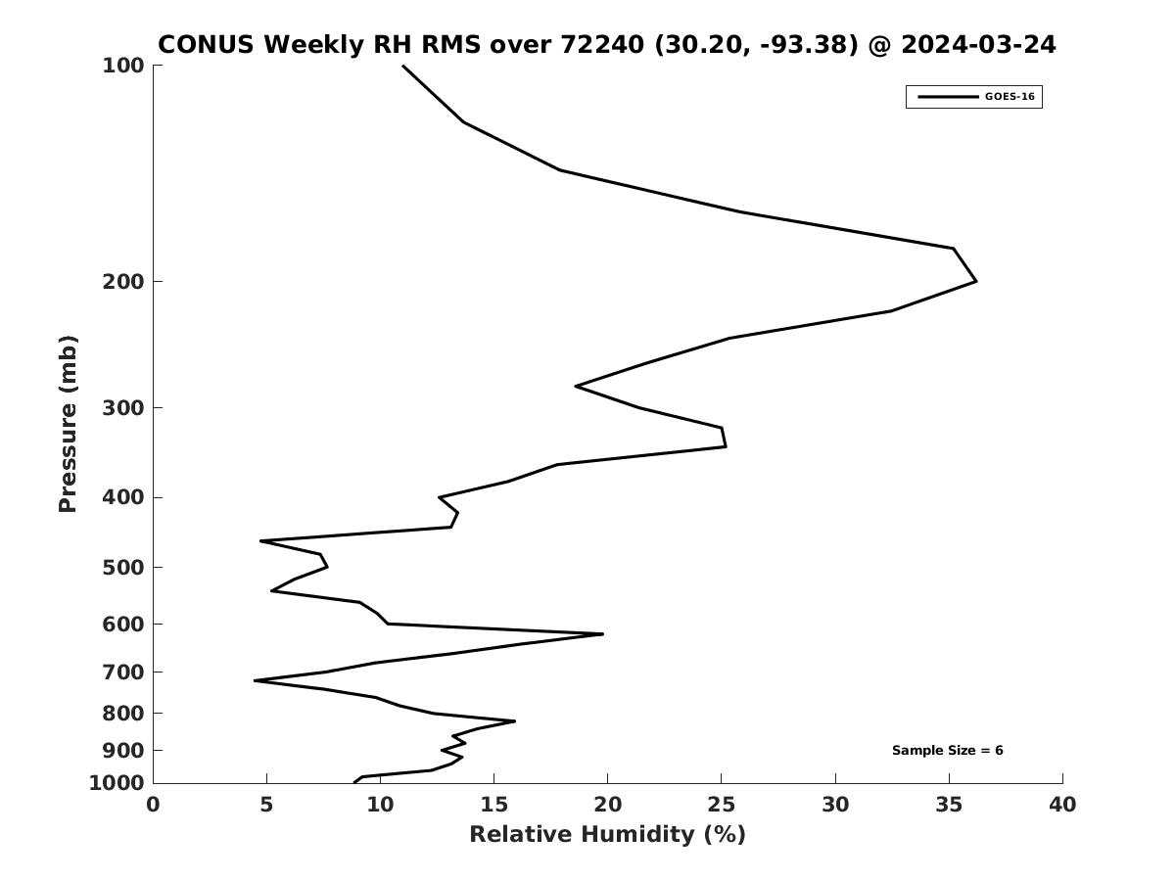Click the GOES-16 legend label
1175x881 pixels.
pyautogui.click(x=1010, y=97)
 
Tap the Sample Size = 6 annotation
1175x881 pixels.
pyautogui.click(x=947, y=751)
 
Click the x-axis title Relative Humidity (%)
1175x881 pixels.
pyautogui.click(x=608, y=834)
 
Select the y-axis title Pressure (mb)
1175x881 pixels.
pyautogui.click(x=68, y=424)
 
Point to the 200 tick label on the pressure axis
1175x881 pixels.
pyautogui.click(x=123, y=281)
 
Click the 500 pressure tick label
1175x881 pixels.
pyautogui.click(x=123, y=567)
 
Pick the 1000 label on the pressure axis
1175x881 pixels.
pyautogui.click(x=117, y=783)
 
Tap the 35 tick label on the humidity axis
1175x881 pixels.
pyautogui.click(x=949, y=805)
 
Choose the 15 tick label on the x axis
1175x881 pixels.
pyautogui.click(x=493, y=805)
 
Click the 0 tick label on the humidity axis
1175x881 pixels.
pyautogui.click(x=153, y=805)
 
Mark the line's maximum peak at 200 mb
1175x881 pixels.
pyautogui.click(x=976, y=281)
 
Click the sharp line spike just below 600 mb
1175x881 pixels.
pyautogui.click(x=603, y=634)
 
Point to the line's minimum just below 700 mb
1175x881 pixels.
pyautogui.click(x=255, y=680)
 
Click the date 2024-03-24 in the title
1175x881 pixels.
pyautogui.click(x=978, y=44)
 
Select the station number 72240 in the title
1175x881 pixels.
pyautogui.click(x=601, y=44)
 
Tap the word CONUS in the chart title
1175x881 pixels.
pyautogui.click(x=206, y=44)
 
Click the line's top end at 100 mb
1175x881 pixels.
pyautogui.click(x=403, y=66)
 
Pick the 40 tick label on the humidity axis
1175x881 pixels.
pyautogui.click(x=1062, y=805)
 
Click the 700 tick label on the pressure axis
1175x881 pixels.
pyautogui.click(x=123, y=672)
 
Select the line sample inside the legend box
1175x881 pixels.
pyautogui.click(x=948, y=97)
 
